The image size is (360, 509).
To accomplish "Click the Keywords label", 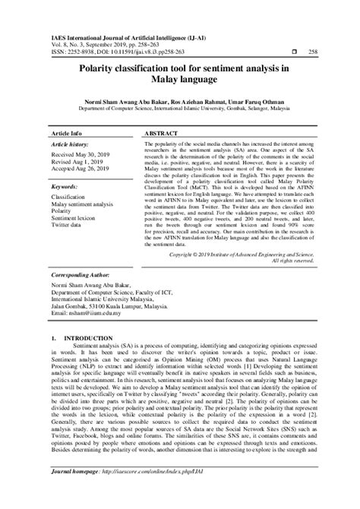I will click(x=66, y=186).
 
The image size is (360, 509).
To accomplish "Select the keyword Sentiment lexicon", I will click(x=78, y=218).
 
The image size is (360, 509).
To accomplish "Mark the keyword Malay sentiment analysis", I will click(x=82, y=204).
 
